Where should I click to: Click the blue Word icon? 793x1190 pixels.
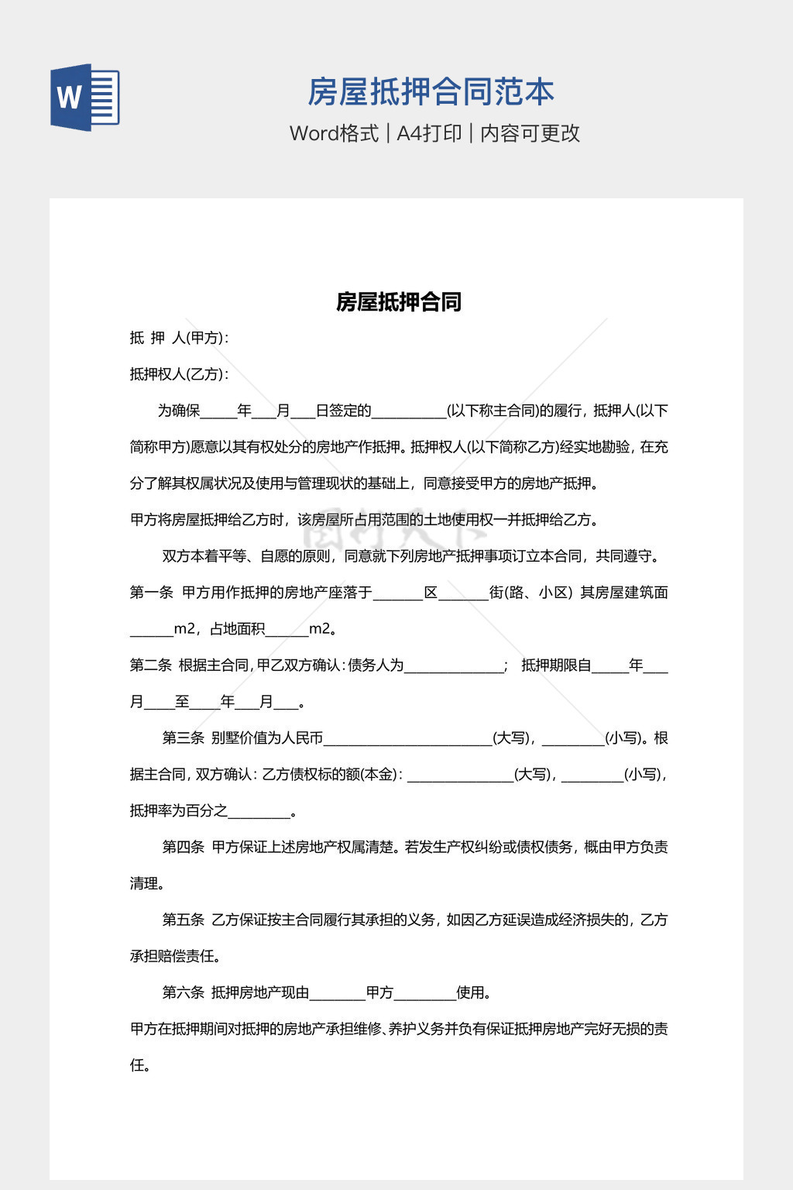85,98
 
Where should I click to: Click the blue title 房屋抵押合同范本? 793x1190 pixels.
431,92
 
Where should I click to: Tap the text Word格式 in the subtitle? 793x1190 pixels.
334,133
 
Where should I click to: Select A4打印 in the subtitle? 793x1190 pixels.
429,133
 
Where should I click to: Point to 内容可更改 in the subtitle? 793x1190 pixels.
530,133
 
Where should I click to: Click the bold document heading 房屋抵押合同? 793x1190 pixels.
399,302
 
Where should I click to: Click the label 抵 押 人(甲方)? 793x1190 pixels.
179,338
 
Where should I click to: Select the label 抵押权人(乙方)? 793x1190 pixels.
179,374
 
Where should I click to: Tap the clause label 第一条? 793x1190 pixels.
151,593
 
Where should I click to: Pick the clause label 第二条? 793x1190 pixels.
150,666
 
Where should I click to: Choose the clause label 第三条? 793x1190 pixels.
183,738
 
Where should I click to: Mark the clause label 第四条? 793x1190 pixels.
183,848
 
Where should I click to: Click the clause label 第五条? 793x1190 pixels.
183,920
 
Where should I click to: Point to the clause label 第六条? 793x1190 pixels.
183,993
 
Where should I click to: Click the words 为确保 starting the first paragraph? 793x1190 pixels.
179,411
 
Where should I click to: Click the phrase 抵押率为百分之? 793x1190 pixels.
179,811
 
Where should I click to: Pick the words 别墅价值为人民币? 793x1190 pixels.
267,738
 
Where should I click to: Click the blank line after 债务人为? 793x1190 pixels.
454,667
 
